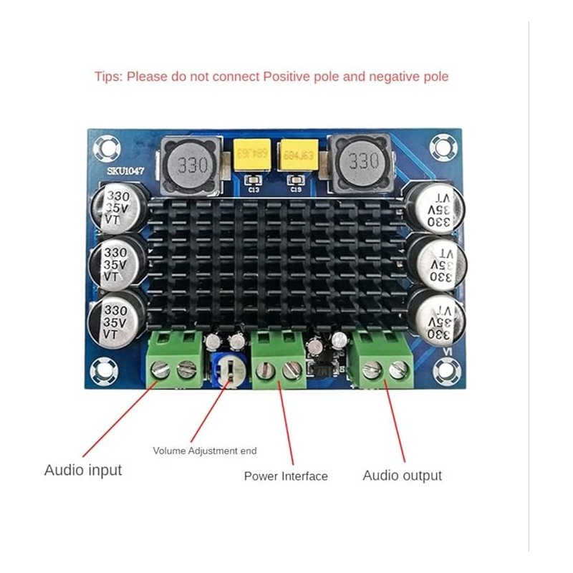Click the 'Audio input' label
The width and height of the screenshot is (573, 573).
[x=83, y=471]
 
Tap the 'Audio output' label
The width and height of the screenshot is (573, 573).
[x=402, y=476]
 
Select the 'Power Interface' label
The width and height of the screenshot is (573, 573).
[x=286, y=476]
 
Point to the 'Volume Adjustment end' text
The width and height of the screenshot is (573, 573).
[x=204, y=451]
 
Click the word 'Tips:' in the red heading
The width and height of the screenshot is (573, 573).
[x=109, y=76]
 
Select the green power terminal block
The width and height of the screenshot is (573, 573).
[x=278, y=360]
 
